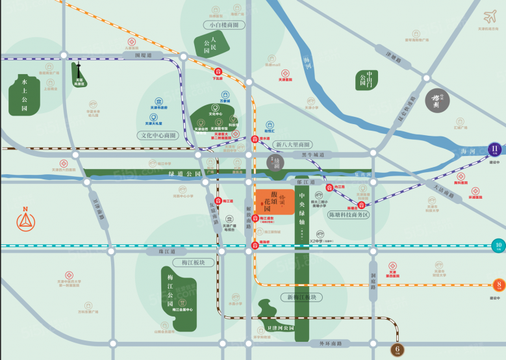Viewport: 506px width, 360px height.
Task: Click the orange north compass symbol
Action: tap(25, 221)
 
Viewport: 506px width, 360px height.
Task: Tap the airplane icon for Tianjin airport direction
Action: tap(488, 16)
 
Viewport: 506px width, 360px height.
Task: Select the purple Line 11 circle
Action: tap(495, 149)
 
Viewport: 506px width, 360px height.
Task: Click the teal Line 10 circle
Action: tap(498, 246)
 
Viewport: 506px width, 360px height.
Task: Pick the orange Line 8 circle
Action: tap(498, 284)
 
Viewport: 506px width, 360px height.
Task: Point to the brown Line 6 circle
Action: tap(398, 350)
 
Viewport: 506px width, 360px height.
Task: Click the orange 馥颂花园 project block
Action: tap(273, 202)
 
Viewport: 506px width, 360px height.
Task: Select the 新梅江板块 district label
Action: tap(300, 297)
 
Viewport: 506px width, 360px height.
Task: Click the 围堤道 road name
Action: tap(142, 56)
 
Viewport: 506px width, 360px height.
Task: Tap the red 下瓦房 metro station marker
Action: tap(218, 71)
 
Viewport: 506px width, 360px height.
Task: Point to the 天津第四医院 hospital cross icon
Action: tap(392, 266)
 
